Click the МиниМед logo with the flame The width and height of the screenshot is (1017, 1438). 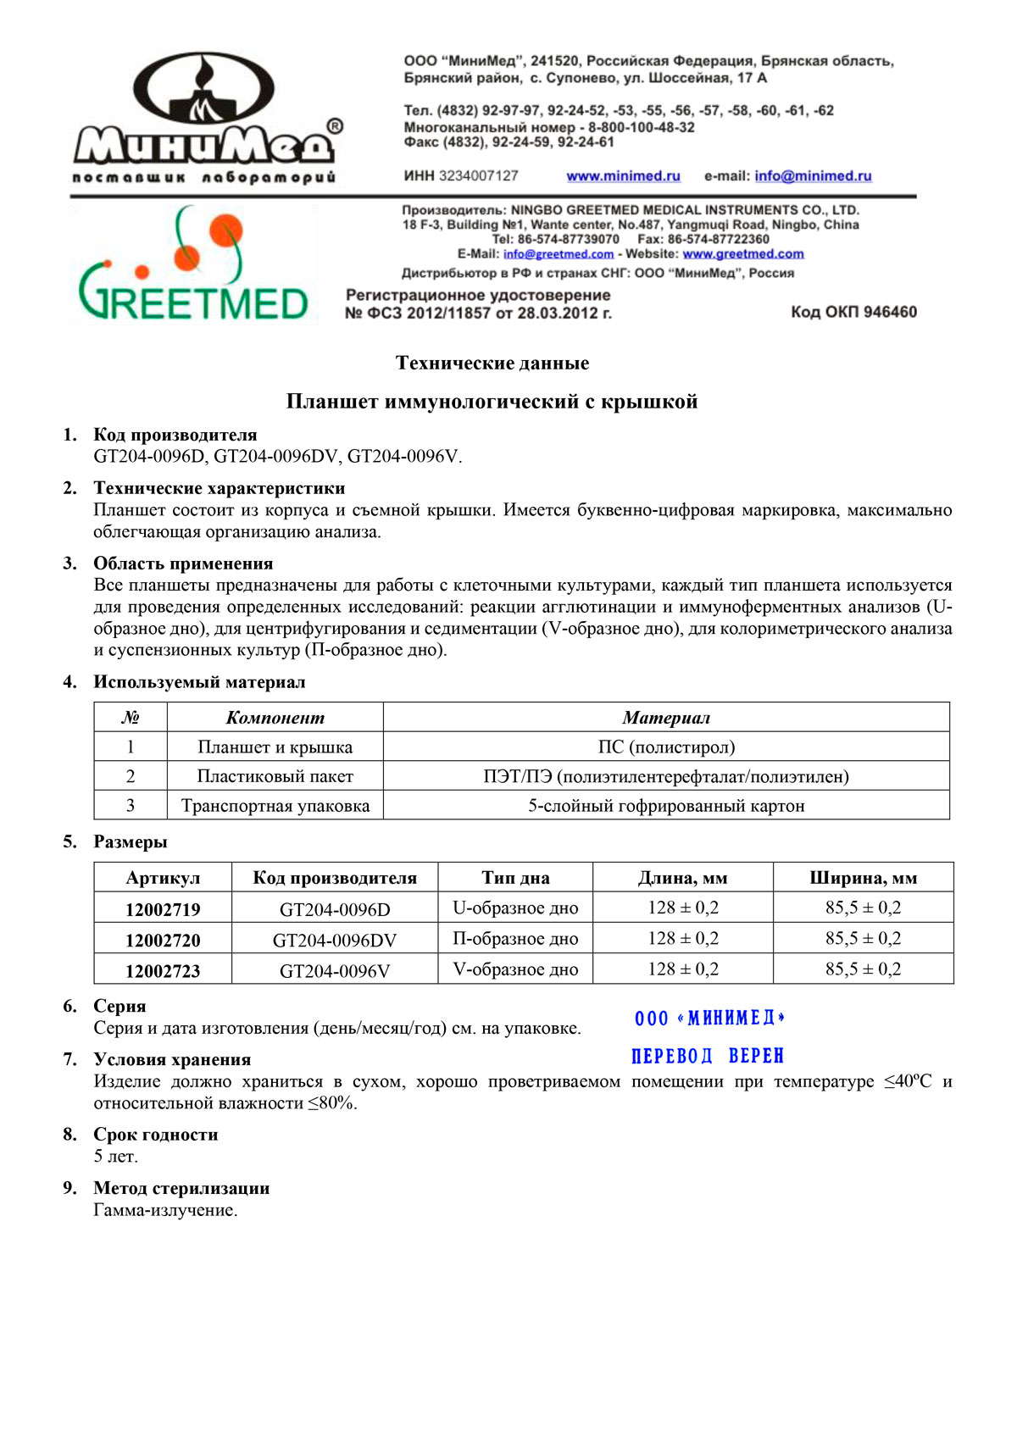[x=206, y=114]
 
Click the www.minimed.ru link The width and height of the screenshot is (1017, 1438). [x=623, y=176]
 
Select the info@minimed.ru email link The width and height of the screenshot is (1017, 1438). [x=813, y=176]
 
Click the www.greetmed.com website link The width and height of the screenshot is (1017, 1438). [x=743, y=254]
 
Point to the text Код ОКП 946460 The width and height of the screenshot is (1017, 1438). [x=853, y=313]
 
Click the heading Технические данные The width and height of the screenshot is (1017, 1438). [x=492, y=364]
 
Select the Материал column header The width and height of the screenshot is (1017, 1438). [x=666, y=718]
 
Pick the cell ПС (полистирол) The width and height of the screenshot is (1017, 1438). [x=666, y=747]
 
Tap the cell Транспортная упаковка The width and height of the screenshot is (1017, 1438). [x=275, y=806]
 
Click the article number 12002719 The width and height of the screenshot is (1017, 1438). [x=163, y=910]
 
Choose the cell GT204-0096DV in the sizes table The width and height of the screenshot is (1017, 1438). [x=335, y=941]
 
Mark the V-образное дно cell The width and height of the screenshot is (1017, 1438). [x=515, y=970]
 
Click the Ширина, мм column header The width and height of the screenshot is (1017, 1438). [x=863, y=879]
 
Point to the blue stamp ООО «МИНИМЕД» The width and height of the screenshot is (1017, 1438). [x=709, y=1019]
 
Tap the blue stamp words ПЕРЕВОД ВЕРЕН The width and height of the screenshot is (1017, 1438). [x=708, y=1057]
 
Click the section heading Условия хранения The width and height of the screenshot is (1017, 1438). [x=172, y=1060]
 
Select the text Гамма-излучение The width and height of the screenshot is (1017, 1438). [x=165, y=1211]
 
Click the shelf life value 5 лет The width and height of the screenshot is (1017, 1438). [x=115, y=1157]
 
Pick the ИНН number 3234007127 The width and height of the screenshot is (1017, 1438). [x=478, y=176]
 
